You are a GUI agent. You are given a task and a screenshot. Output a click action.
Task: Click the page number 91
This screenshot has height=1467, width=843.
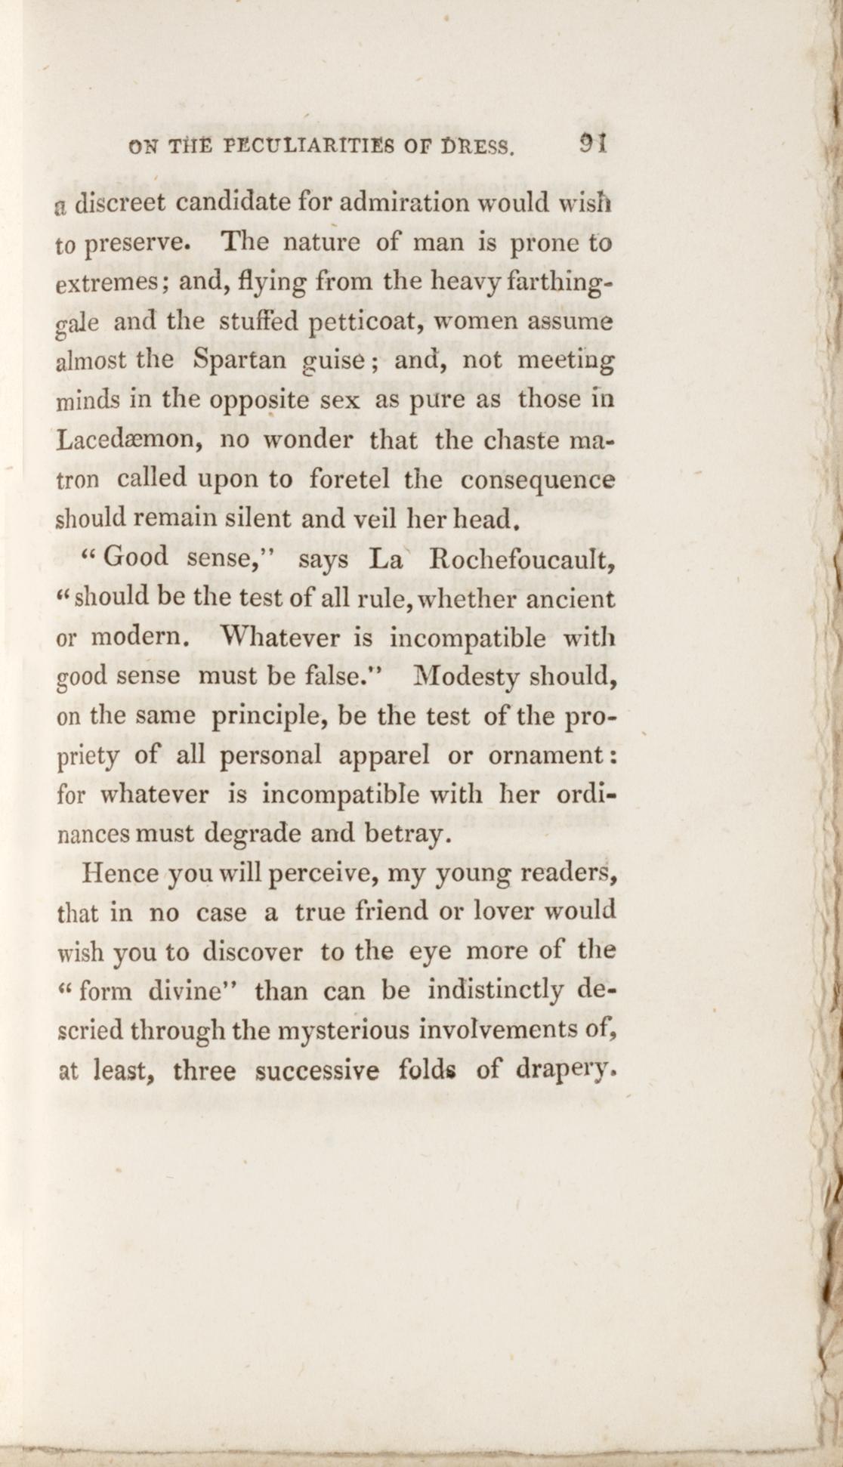[x=594, y=143]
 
